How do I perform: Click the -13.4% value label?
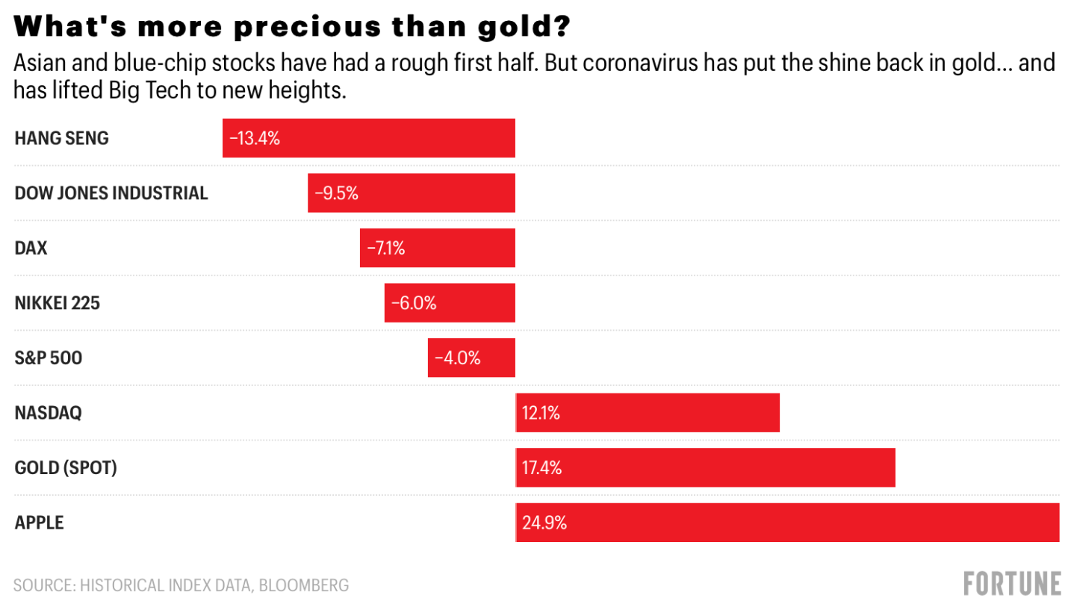(254, 138)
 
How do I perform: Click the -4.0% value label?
(457, 358)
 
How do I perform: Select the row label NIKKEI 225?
(57, 303)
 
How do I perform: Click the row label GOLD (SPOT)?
(66, 468)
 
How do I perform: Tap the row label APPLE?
(40, 523)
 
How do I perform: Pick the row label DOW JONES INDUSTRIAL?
(111, 193)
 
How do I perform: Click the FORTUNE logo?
(1012, 583)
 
